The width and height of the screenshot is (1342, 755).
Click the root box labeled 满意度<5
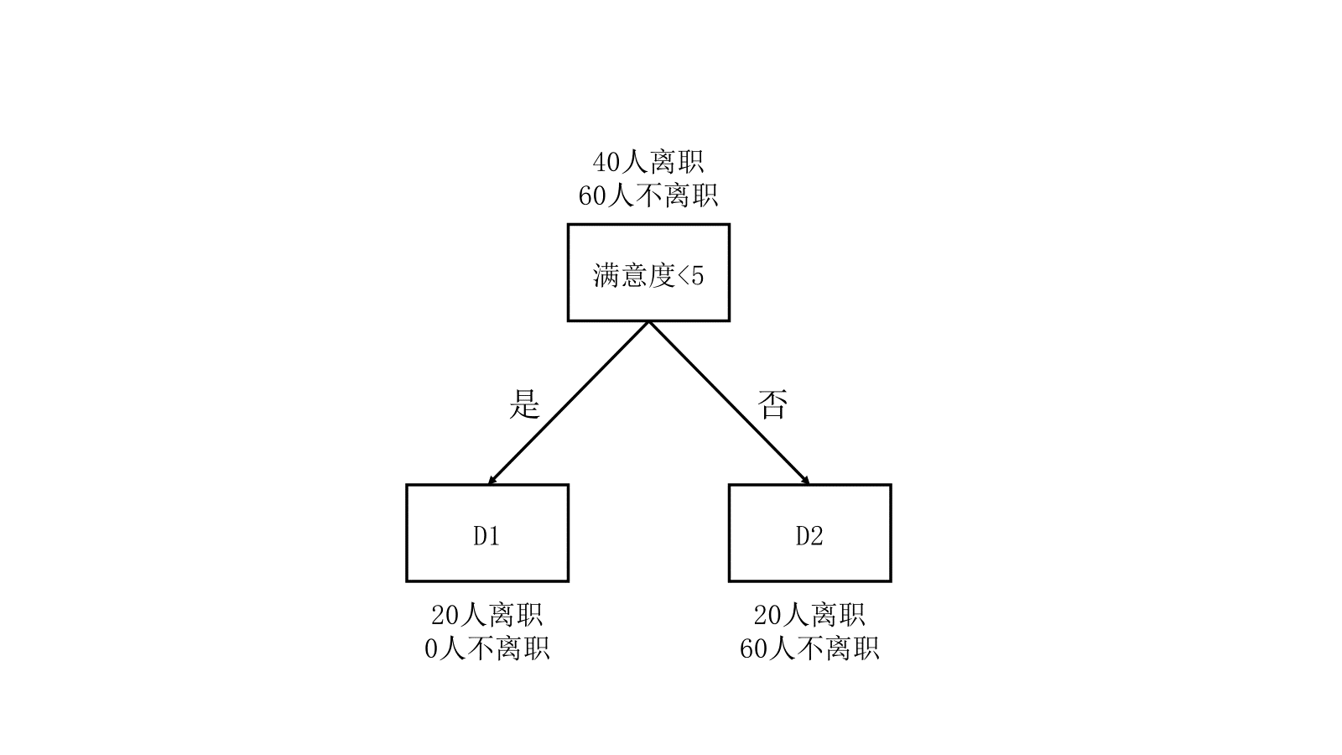pos(648,273)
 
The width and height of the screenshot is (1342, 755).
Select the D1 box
pos(487,534)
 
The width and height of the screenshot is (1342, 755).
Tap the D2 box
pos(809,534)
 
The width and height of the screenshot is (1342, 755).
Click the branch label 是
pos(524,404)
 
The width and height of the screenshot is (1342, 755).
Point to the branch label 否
pos(772,404)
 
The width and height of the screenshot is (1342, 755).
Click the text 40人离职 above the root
pos(648,161)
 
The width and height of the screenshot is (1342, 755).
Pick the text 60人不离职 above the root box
pos(648,196)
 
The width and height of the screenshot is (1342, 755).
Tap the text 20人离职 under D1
pos(487,615)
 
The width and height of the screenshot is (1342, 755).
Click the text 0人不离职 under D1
pos(487,649)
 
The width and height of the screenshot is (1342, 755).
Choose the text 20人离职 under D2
pos(809,615)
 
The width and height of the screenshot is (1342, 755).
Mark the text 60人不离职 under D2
pos(809,649)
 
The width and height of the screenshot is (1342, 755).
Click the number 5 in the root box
pos(697,276)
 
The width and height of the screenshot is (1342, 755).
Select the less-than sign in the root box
pos(683,276)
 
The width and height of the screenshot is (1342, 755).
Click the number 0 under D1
pos(432,649)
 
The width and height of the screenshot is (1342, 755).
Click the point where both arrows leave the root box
pos(648,321)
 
